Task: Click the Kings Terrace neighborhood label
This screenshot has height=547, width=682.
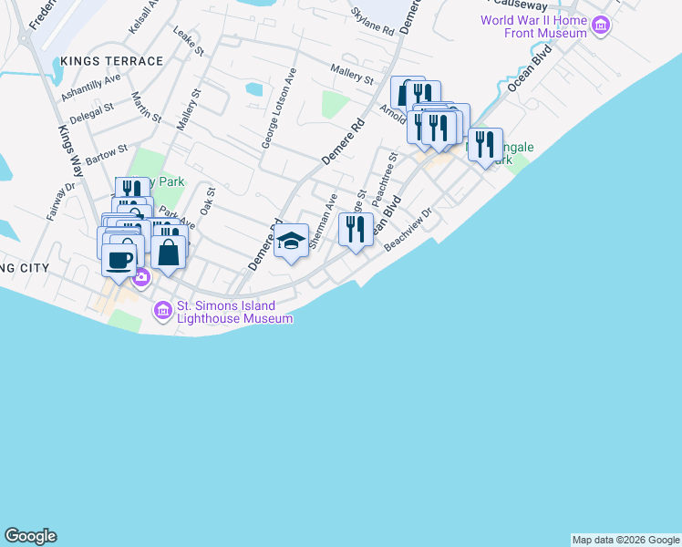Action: [x=112, y=61]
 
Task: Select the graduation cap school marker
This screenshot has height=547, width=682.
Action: [x=291, y=241]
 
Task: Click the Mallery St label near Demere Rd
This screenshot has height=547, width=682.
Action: [x=353, y=74]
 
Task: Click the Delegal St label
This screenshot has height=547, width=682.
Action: [x=92, y=112]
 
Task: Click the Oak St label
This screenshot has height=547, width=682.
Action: [x=207, y=200]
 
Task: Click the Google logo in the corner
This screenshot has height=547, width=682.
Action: [x=30, y=536]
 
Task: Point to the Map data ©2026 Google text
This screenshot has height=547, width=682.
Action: [x=625, y=540]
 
